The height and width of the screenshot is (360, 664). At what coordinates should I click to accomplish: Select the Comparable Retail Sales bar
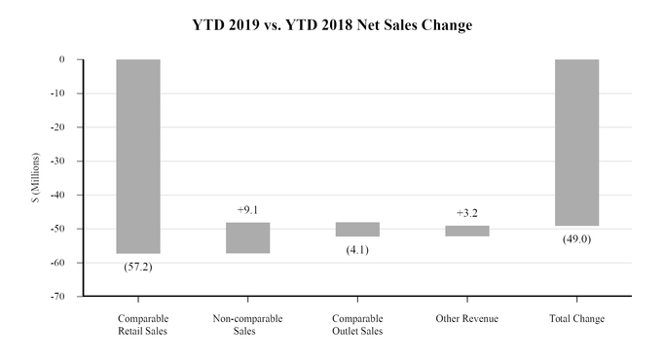tap(138, 156)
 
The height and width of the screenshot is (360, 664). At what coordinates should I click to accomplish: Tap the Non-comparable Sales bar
tap(248, 237)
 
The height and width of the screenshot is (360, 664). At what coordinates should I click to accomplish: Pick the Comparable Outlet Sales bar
tap(357, 230)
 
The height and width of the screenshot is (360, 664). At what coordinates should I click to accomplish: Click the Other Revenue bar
tap(467, 231)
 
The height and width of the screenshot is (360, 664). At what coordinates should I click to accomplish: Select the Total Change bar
tap(577, 142)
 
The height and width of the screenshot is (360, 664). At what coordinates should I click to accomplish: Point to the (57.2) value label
tap(138, 266)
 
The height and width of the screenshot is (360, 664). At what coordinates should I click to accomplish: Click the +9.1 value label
tap(248, 209)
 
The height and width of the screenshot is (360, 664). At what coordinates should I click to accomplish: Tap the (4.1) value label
tap(357, 250)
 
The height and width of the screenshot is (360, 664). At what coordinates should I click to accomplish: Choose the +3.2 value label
tap(467, 212)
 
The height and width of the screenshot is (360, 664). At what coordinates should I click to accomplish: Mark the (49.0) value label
tap(577, 239)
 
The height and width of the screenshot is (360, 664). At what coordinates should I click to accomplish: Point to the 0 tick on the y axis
tap(61, 59)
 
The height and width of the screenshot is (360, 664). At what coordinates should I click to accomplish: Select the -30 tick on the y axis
tap(57, 161)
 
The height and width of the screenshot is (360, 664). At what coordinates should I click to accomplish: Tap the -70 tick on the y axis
tap(57, 296)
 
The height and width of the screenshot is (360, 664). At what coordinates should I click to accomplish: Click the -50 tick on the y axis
tap(57, 229)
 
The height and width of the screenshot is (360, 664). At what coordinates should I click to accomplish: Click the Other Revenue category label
tap(467, 319)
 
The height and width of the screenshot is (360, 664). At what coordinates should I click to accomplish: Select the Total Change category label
tap(577, 319)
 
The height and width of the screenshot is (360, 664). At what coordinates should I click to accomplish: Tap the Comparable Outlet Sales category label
tap(357, 325)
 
